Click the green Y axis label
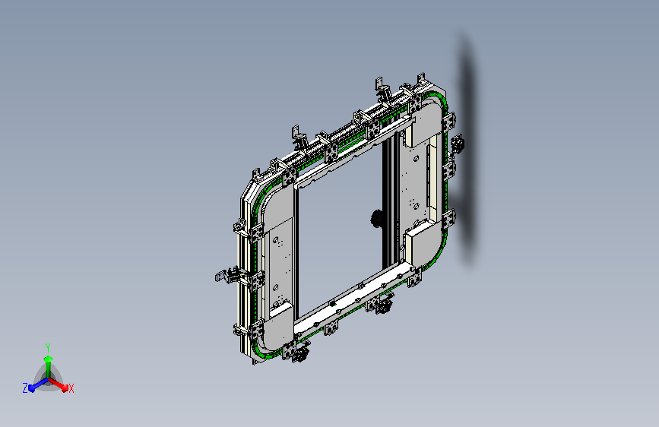tap(48, 348)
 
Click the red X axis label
tap(71, 389)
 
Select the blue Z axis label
tap(25, 388)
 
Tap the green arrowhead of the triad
tap(49, 359)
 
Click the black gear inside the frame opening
tap(376, 219)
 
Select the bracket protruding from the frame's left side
tap(227, 275)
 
